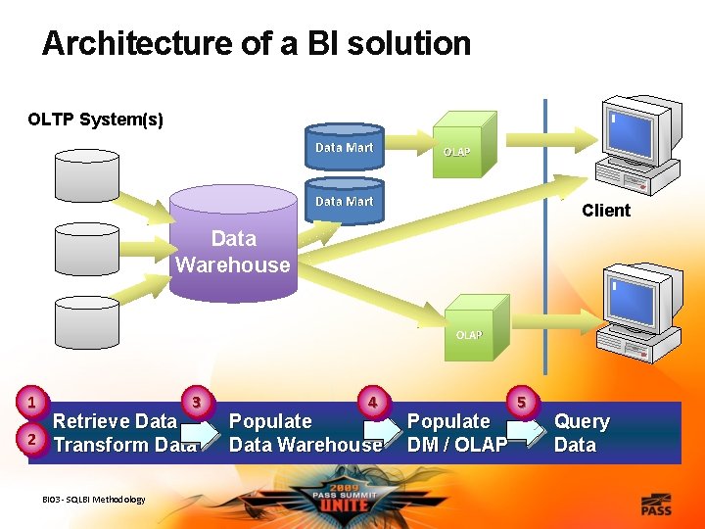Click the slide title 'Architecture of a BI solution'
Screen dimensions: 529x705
point(257,44)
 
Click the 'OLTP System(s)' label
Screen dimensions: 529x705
point(96,120)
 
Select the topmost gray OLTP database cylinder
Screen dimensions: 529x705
point(87,174)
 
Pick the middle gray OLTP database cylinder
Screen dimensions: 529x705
point(87,248)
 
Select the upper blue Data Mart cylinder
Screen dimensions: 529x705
point(344,148)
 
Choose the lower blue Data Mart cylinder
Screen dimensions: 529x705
point(344,201)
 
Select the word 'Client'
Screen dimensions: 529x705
point(606,211)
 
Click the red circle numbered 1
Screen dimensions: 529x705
point(32,402)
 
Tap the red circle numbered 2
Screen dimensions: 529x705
point(32,440)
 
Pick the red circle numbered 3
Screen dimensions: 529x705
point(198,401)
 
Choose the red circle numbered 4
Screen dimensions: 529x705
point(372,401)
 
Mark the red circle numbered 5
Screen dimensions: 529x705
point(522,402)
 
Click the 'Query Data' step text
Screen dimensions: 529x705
point(581,433)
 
